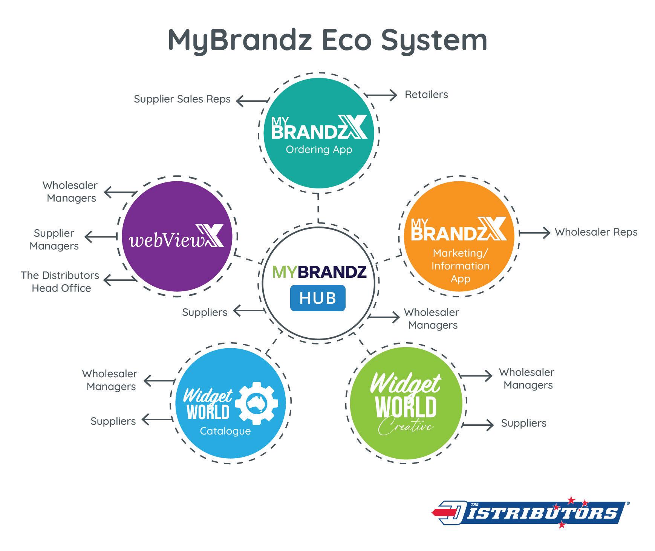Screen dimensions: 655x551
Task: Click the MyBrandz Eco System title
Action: coord(327,40)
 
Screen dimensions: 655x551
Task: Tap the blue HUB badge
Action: coord(318,298)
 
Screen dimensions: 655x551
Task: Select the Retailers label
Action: coord(426,95)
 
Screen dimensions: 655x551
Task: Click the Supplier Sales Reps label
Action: coord(182,99)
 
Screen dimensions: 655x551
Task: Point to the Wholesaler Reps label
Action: coord(596,232)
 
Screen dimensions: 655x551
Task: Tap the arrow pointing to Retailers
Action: coord(381,95)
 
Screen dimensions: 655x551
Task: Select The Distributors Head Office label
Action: coord(60,282)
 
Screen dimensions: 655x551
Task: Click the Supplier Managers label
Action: coord(54,239)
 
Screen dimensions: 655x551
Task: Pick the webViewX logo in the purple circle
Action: coord(176,237)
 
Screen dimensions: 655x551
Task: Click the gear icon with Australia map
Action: coord(256,403)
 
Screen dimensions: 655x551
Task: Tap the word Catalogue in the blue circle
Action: coord(225,431)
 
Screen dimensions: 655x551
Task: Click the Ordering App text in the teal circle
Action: coord(319,150)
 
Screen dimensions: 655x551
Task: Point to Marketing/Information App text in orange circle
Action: coord(460,266)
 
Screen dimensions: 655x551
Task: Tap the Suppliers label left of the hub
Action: coord(205,312)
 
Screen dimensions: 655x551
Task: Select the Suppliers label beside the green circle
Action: coord(523,423)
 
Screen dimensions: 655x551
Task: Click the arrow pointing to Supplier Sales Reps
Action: coord(252,101)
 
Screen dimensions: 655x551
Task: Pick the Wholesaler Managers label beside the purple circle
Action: coord(70,192)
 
